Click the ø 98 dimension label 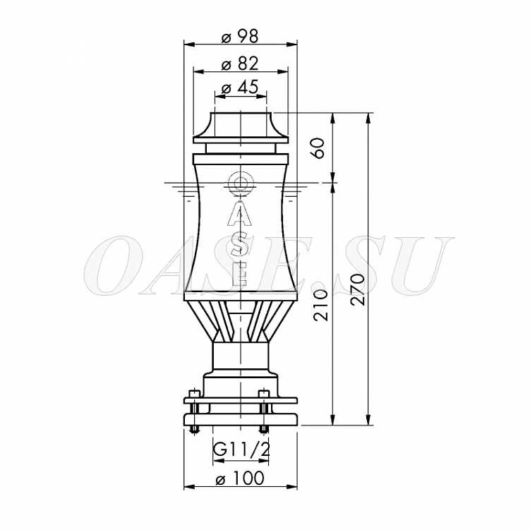pos(240,36)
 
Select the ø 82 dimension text pos(240,64)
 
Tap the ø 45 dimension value pos(240,88)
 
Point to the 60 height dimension pos(318,148)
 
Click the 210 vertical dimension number pos(321,305)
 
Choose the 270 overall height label pos(357,289)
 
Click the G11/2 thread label pos(241,450)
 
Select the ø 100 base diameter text pos(240,478)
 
